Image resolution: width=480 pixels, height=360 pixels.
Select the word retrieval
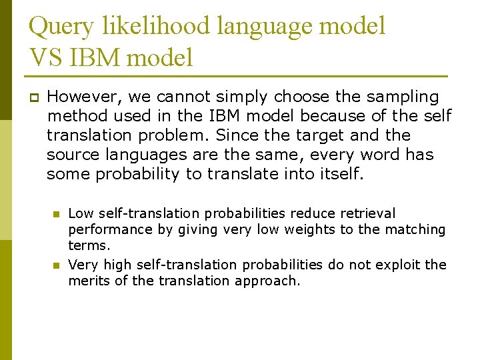(368, 213)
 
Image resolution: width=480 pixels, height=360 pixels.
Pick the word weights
(259, 229)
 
